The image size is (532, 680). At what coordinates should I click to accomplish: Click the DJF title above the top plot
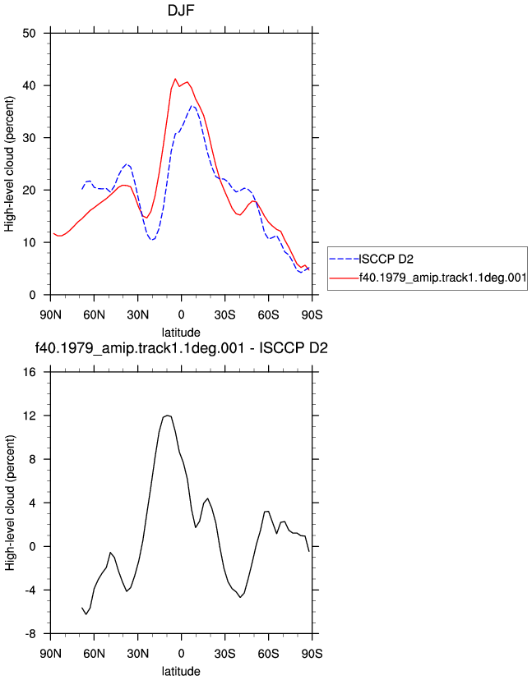181,10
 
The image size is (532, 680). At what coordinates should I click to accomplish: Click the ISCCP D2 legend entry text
386,259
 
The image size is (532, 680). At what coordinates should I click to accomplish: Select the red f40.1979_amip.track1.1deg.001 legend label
442,277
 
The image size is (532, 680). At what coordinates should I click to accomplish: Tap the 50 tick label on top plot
29,34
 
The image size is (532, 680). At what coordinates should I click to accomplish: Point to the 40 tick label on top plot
29,86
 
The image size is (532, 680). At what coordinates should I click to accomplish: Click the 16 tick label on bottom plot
30,372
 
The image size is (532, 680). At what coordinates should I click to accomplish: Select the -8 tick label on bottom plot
30,634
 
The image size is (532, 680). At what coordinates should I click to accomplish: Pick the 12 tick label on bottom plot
30,416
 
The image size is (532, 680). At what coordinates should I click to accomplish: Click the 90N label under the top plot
51,315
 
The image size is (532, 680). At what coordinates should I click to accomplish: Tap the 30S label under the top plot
225,315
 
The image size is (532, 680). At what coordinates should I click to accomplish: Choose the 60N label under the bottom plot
95,653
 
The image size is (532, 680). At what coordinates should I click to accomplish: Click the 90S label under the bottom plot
312,653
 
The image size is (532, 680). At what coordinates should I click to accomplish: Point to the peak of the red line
175,79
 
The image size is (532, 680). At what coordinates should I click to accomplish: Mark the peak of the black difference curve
168,416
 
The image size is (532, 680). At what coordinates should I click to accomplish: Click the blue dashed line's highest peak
192,105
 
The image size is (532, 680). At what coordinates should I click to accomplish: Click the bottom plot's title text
181,348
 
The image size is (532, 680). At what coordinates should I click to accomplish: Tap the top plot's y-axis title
10,163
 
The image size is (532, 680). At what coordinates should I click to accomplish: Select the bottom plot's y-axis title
10,503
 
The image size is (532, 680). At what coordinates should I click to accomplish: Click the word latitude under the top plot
181,333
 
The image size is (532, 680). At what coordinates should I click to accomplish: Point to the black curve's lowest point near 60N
86,614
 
